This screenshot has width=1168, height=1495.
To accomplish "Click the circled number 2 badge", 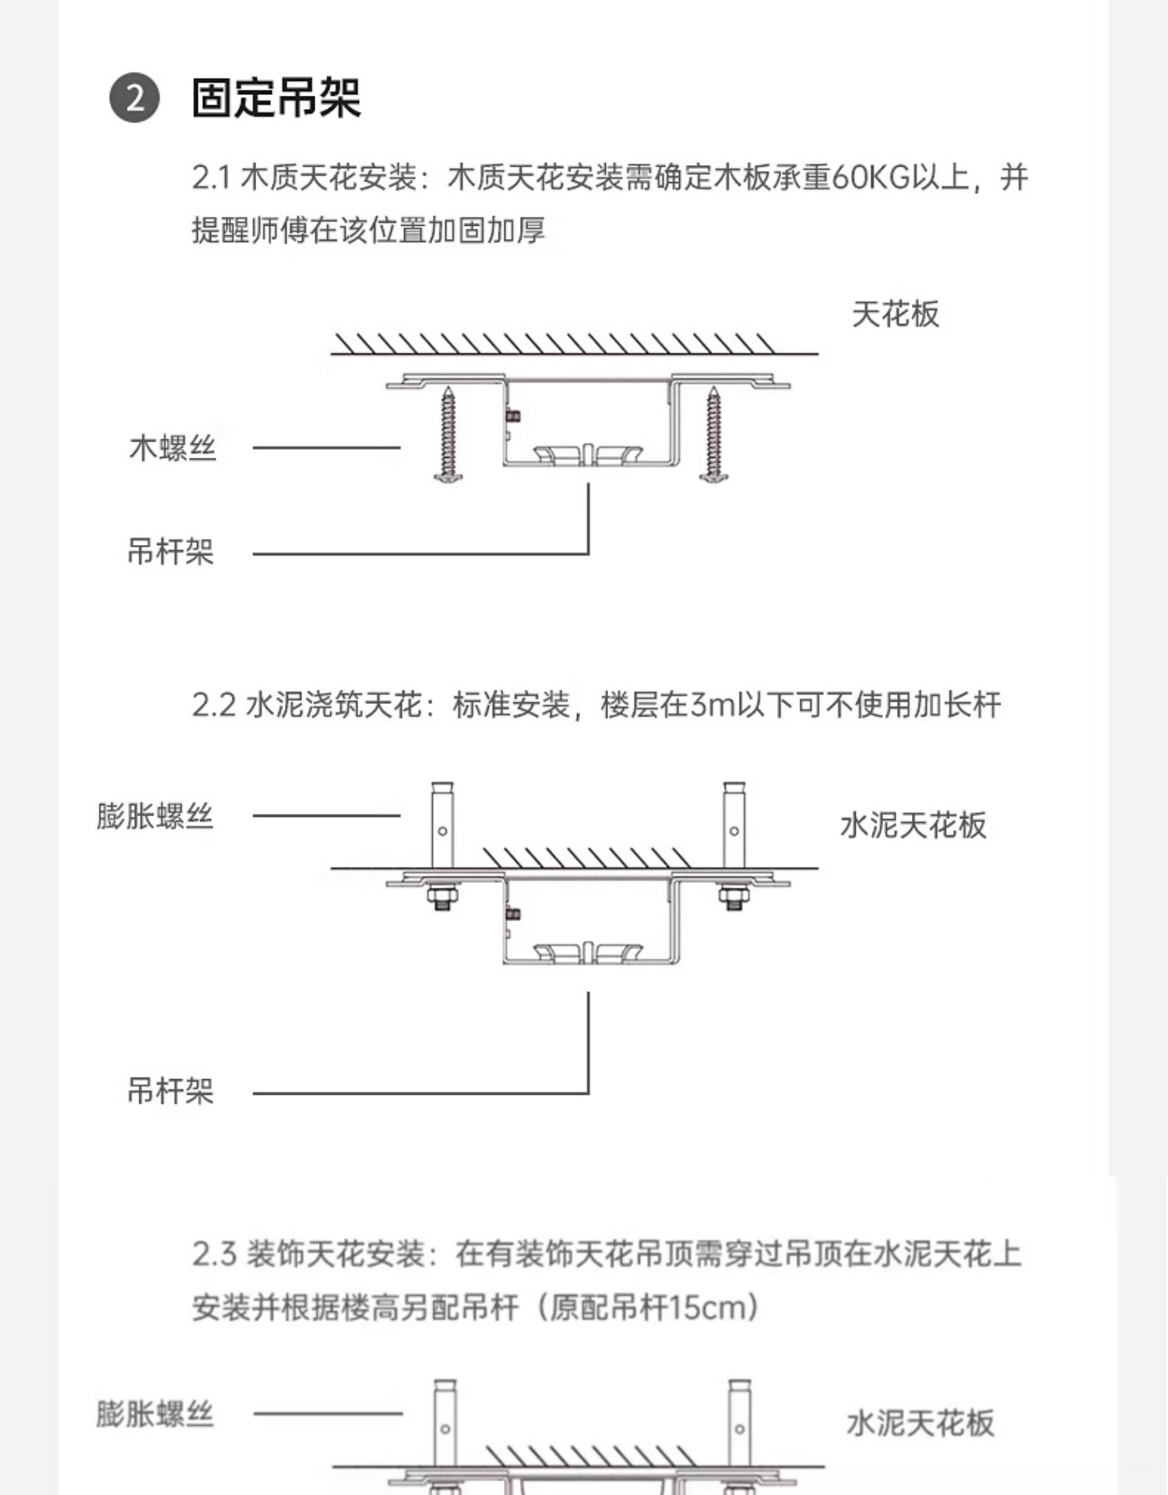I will [134, 98].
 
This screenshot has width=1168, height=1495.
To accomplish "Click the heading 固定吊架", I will [276, 98].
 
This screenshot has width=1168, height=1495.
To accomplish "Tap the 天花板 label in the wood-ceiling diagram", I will [895, 315].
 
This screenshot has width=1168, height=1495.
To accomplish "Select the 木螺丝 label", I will [172, 448].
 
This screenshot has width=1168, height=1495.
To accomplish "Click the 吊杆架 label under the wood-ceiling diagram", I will [171, 552].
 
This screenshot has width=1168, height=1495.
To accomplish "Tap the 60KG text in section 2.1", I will [871, 178].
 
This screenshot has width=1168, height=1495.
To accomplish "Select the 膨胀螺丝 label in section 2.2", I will [154, 817].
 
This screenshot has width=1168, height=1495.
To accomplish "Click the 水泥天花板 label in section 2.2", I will [913, 825].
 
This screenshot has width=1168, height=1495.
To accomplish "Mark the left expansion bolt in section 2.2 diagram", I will [442, 825].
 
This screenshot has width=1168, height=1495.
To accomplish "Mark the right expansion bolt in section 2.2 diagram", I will [734, 825].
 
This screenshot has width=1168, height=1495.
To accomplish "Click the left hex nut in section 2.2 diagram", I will [442, 898].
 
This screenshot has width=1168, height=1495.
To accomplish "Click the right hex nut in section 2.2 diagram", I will [734, 898].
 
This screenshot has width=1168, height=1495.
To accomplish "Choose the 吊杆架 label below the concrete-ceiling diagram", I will [171, 1091].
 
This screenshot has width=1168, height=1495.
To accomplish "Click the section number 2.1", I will [211, 178].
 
